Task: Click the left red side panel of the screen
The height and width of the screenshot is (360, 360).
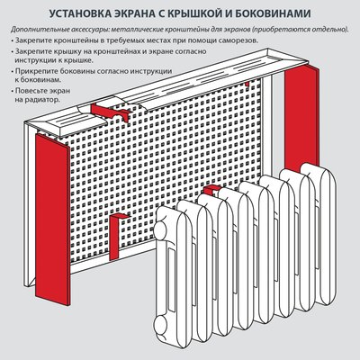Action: [x=46, y=216]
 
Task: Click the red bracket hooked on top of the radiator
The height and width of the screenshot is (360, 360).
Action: [x=212, y=191]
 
